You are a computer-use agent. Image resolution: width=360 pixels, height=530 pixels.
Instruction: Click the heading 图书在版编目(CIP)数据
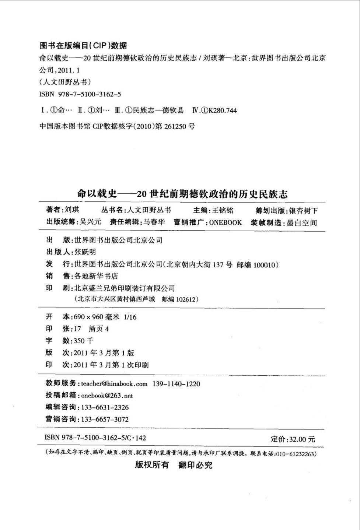click(x=83, y=45)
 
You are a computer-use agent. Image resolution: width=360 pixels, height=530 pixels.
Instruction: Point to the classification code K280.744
click(x=223, y=110)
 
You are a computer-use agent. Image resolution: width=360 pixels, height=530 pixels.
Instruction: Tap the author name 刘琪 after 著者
click(x=72, y=210)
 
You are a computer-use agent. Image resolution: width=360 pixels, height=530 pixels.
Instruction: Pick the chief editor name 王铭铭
click(x=223, y=210)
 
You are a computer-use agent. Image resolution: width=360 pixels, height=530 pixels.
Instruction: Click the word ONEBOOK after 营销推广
click(x=225, y=222)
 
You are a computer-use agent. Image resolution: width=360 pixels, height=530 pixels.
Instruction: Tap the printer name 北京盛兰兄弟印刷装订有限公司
click(x=125, y=288)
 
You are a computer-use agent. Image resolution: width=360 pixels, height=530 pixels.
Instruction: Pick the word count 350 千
click(x=84, y=341)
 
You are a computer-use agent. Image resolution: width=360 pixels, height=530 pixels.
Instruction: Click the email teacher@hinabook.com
click(x=114, y=384)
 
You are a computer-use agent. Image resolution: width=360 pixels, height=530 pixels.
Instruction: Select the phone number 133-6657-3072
click(x=105, y=419)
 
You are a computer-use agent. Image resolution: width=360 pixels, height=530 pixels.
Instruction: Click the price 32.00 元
click(x=302, y=439)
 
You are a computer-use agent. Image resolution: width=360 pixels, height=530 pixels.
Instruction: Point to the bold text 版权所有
click(x=152, y=465)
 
